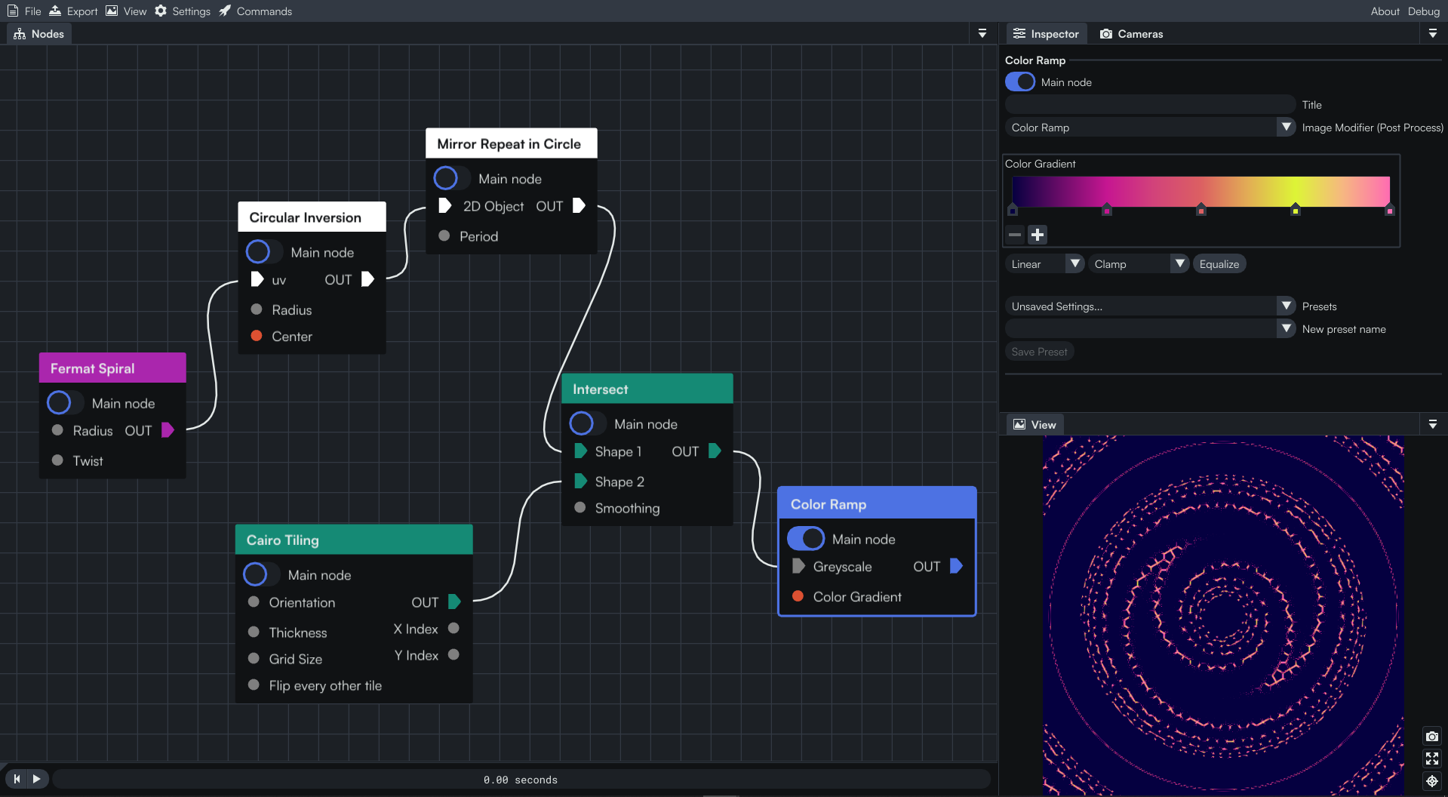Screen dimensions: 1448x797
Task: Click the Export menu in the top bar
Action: click(x=73, y=11)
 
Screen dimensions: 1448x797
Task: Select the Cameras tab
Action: click(x=1131, y=34)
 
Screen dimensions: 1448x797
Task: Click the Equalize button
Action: click(x=1219, y=264)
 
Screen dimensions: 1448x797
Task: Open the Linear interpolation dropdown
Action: click(x=1045, y=264)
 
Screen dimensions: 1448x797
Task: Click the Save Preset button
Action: click(x=1039, y=352)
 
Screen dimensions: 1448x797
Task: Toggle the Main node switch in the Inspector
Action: click(x=1020, y=82)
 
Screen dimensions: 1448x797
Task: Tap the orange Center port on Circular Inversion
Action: click(x=257, y=336)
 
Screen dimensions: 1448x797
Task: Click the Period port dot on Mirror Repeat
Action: click(x=444, y=235)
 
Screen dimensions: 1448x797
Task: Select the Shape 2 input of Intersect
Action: click(x=580, y=481)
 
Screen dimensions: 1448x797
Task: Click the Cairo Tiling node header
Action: click(x=354, y=540)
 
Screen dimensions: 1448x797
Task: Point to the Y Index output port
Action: click(x=453, y=654)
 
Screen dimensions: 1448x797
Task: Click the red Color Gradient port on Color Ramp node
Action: click(x=798, y=596)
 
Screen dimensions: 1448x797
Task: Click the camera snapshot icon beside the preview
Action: click(x=1431, y=736)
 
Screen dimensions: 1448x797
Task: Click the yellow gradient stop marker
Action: click(x=1295, y=209)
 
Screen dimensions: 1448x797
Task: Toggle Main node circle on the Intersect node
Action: click(x=582, y=423)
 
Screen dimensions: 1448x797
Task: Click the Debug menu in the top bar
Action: click(x=1423, y=11)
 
